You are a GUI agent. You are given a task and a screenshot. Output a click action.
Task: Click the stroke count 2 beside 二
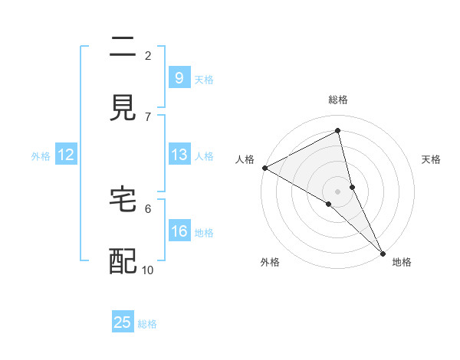148,55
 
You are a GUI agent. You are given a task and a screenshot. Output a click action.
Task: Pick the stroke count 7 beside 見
148,116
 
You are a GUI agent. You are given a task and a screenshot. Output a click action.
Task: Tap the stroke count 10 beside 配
148,270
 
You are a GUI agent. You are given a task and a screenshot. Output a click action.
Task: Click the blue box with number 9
179,77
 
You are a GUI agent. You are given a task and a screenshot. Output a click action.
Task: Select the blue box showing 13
179,155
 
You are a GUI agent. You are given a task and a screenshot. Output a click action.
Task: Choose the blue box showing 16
179,231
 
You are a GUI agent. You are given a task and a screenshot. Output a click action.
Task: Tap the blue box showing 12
66,155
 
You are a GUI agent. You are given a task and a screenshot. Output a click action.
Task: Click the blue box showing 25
123,322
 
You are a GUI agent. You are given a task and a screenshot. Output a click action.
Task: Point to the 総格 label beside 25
147,324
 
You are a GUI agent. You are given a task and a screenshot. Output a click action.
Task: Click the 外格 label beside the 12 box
41,156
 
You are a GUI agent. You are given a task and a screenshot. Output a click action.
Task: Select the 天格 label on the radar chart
432,159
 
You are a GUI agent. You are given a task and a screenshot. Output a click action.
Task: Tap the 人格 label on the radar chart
245,159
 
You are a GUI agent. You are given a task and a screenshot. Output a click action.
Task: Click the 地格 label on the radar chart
402,262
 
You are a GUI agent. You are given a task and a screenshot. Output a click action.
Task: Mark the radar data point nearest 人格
264,168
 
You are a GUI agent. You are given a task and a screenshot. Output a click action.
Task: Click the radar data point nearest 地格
383,252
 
